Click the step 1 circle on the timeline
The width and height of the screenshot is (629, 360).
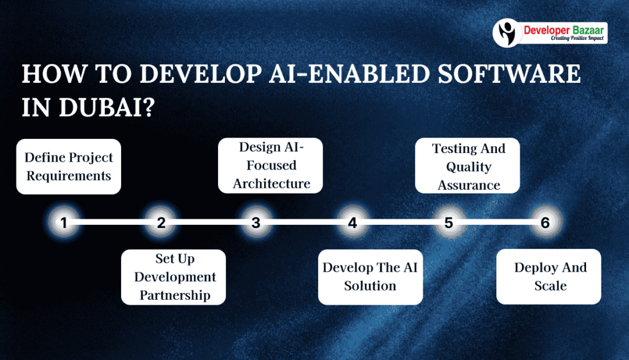(63, 223)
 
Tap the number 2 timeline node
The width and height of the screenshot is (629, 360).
(161, 223)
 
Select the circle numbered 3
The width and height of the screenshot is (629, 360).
(256, 223)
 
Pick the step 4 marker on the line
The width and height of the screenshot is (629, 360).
(352, 223)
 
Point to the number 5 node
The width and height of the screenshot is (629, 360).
(448, 223)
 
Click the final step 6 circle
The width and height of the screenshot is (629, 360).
(545, 223)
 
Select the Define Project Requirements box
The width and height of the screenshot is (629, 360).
(68, 166)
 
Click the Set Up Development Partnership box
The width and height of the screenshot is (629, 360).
(174, 277)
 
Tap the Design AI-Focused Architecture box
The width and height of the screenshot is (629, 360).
(271, 165)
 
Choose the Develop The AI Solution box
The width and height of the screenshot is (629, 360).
(370, 277)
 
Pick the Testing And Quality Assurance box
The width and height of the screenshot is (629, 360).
(468, 166)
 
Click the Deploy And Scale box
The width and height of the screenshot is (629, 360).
(549, 276)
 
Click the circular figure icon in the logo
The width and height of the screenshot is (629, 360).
(507, 33)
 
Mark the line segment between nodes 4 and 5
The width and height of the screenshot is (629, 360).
(400, 223)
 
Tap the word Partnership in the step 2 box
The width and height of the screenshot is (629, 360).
(174, 295)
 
